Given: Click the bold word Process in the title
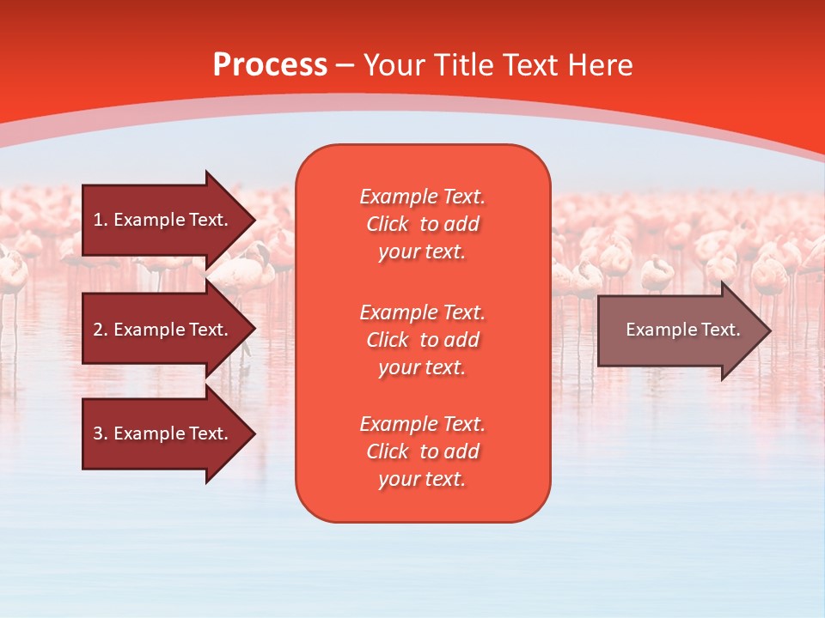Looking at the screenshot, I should click(270, 65).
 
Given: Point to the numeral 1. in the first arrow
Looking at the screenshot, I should click(101, 220).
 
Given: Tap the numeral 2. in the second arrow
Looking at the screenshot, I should click(101, 330).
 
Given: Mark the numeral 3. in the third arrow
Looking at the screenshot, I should click(101, 433).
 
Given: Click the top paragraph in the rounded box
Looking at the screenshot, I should click(422, 224).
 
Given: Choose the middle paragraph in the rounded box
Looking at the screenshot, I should click(422, 340).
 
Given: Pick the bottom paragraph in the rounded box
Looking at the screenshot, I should click(422, 451).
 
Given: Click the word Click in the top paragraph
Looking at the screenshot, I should click(388, 225).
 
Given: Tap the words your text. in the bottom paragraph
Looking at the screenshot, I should click(422, 480).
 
